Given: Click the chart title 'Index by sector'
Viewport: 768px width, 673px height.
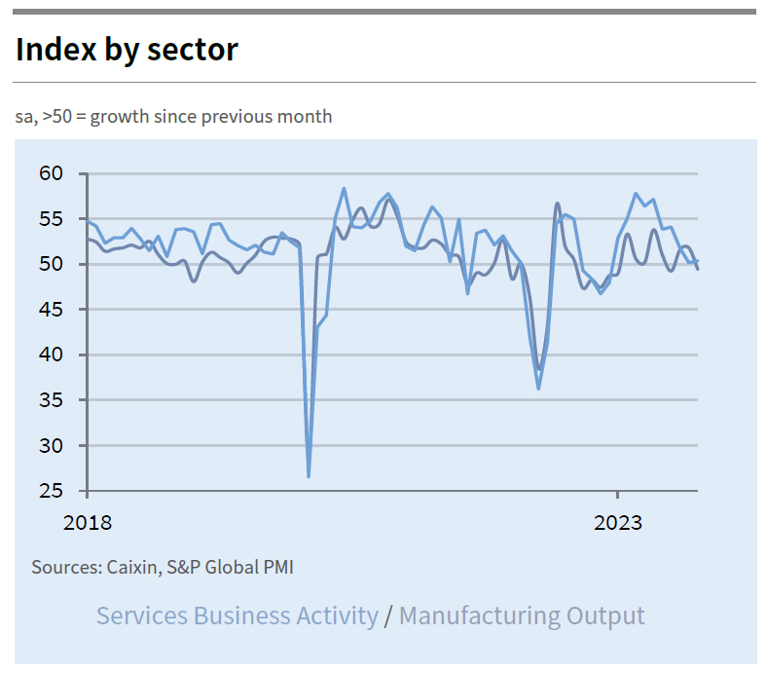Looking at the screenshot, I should pos(127,49).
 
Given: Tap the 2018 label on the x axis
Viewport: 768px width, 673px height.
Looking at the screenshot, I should pos(88,523).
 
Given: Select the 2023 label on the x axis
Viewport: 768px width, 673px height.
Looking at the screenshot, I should pos(618,523).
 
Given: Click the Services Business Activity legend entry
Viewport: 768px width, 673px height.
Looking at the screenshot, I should pos(237,616).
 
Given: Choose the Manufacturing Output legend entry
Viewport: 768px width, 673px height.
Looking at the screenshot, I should pos(522,616).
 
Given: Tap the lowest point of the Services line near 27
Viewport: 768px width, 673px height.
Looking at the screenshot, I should pos(309,476).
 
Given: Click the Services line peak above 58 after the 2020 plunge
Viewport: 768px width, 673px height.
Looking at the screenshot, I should pos(344,188).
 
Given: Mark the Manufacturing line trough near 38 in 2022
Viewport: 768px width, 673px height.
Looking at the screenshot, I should pos(539,370).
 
